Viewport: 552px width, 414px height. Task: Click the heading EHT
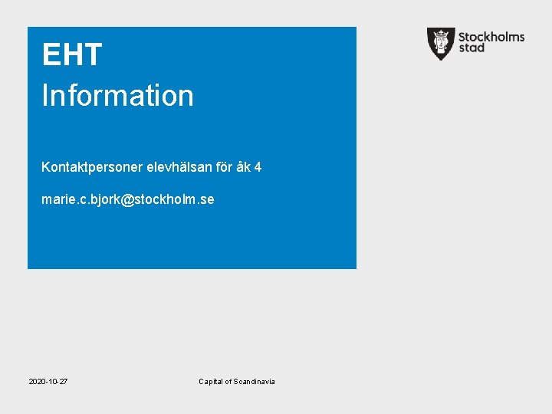(x=72, y=55)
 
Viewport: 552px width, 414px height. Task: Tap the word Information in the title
(x=117, y=96)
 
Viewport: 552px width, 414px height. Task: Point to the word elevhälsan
(x=168, y=166)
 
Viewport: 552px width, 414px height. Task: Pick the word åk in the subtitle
(x=243, y=166)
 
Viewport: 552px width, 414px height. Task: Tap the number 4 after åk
(x=258, y=166)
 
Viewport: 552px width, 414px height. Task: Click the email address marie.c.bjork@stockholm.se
(x=128, y=200)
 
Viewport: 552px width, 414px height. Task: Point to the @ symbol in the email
(x=127, y=200)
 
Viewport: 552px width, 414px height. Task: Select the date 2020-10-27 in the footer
(x=48, y=382)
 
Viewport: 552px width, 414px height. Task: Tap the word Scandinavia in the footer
(x=255, y=382)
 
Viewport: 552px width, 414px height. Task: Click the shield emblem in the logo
(x=441, y=43)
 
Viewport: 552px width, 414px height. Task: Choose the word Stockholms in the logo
(x=491, y=36)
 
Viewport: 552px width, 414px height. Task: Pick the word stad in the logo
(x=472, y=48)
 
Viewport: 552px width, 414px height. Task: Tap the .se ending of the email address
(x=206, y=200)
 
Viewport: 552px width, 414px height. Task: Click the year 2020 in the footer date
(x=37, y=382)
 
